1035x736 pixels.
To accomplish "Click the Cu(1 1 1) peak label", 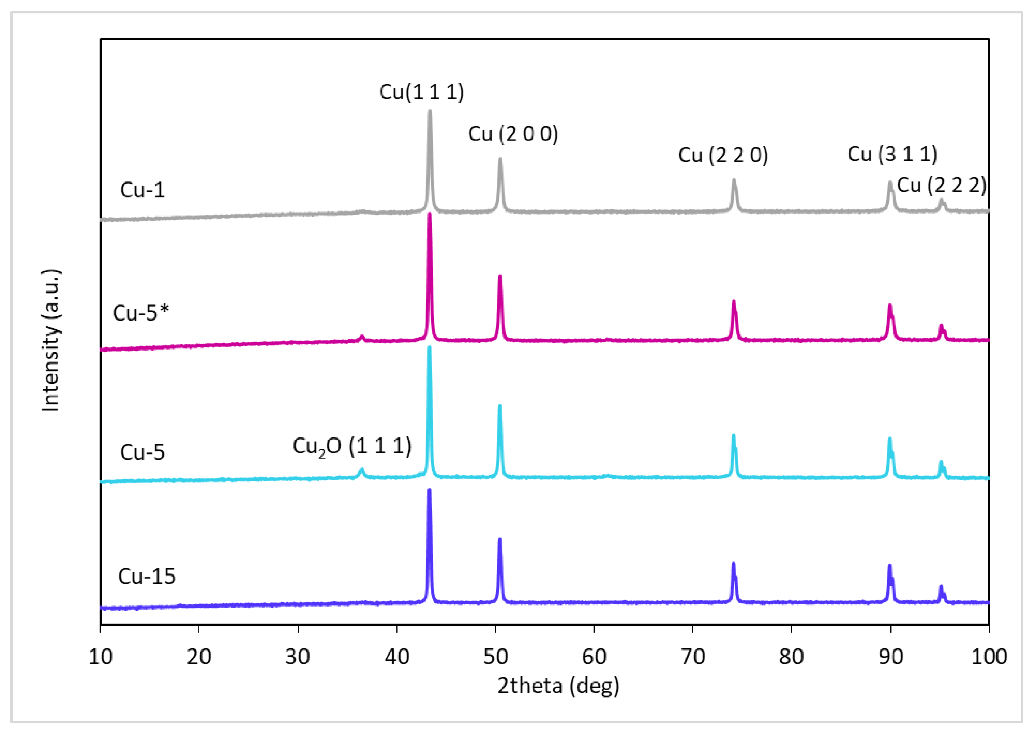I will coord(422,92).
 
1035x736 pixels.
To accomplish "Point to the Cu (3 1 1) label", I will coord(892,154).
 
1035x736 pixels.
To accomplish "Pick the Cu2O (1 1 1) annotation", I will coord(352,446).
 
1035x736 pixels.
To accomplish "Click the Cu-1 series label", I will coord(142,190).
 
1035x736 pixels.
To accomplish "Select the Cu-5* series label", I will coord(141,313).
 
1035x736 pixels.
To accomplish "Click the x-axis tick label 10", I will coord(100,657).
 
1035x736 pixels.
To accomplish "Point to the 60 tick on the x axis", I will coord(594,657).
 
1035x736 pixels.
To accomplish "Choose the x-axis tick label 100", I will coord(989,657).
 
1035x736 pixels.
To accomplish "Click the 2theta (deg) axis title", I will coord(558,686).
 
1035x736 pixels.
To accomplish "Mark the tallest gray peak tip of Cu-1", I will coord(430,111).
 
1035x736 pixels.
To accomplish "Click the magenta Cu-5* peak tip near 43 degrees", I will coord(430,214).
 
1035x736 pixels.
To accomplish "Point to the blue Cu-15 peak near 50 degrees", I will coord(500,539).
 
